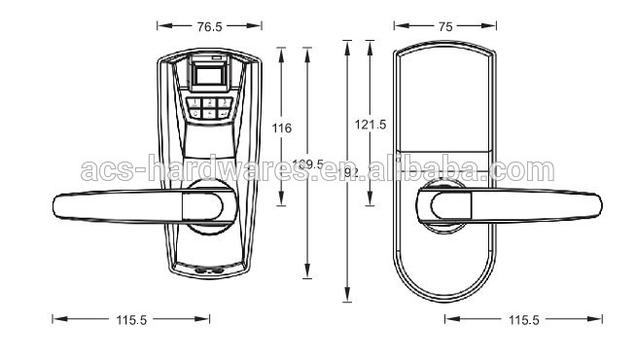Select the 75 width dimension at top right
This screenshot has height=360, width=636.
445,28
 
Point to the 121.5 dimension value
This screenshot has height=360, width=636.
371,124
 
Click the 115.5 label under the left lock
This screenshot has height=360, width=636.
130,319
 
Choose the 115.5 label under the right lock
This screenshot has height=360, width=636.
523,319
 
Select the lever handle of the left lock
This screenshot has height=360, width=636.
126,206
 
